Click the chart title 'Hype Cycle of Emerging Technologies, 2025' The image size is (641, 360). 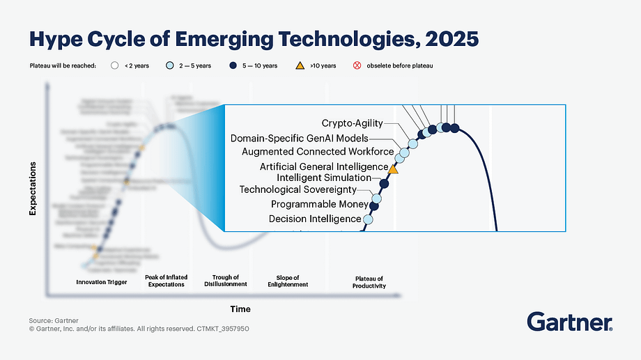253,38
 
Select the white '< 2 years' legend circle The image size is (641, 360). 116,65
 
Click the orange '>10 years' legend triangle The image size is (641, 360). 300,65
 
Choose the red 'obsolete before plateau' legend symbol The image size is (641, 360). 357,65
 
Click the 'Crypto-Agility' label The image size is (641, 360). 352,123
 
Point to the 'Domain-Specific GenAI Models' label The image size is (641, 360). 309,138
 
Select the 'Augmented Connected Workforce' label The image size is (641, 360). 317,151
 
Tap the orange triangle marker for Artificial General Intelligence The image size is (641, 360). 392,169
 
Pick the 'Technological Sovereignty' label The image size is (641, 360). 298,189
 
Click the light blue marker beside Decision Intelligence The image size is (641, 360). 368,219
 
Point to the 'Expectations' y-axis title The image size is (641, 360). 33,189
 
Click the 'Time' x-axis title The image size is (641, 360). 240,308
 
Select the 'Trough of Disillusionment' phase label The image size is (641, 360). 226,281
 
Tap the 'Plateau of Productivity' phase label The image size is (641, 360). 369,281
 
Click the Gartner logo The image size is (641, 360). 569,322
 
